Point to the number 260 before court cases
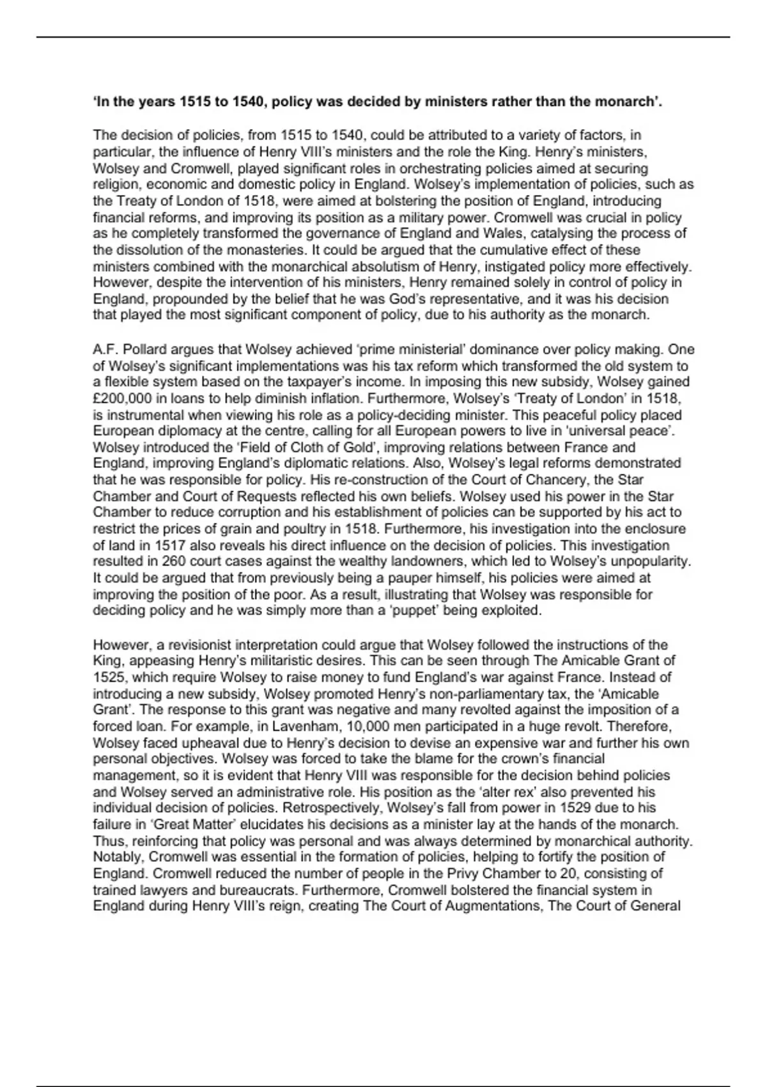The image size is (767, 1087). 174,561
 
